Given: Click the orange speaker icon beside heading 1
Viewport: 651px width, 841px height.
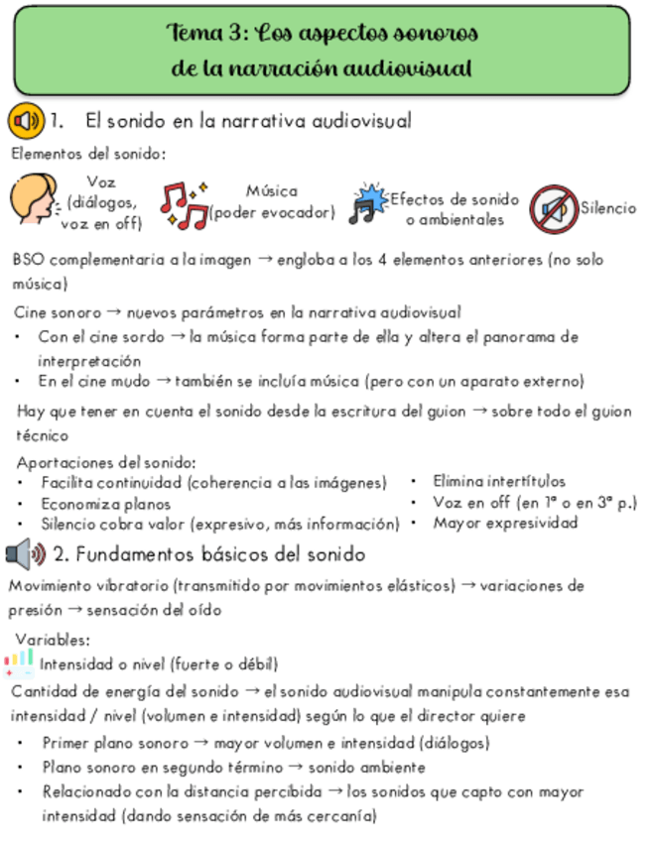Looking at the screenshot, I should tap(25, 121).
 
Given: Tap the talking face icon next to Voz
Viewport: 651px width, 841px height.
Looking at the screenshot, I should tap(33, 200).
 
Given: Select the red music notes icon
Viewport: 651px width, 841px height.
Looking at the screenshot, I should tap(184, 203).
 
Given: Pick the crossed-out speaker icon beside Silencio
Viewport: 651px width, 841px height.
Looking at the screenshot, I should tap(553, 207).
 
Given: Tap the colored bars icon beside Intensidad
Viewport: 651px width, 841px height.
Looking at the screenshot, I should tap(19, 662).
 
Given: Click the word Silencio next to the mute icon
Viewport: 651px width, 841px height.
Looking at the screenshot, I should tap(608, 208).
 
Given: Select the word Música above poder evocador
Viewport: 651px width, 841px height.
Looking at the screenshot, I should tap(271, 191).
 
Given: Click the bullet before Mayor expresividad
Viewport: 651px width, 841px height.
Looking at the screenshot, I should tap(416, 523).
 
